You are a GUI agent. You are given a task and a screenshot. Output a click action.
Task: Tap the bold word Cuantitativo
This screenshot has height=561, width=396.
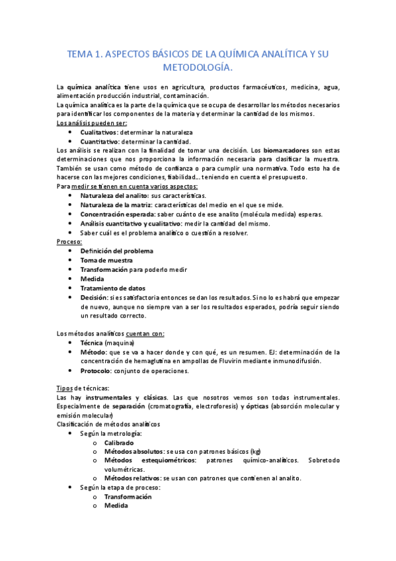pyautogui.click(x=100, y=142)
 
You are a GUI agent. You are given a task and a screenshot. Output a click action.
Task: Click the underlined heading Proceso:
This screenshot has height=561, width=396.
pyautogui.click(x=69, y=242)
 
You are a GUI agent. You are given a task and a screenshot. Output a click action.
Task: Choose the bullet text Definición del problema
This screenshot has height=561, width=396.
pyautogui.click(x=116, y=251)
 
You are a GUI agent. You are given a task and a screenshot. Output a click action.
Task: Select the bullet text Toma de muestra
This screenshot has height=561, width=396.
pyautogui.click(x=102, y=261)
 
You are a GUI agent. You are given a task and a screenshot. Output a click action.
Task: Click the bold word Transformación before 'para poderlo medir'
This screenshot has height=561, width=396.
pyautogui.click(x=104, y=270)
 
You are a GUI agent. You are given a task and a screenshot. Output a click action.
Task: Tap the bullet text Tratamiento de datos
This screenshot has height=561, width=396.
pyautogui.click(x=112, y=288)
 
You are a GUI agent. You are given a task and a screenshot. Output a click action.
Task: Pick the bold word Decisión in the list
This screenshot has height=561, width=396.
pyautogui.click(x=95, y=298)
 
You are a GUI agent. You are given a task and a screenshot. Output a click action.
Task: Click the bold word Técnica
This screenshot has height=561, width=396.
pyautogui.click(x=92, y=343)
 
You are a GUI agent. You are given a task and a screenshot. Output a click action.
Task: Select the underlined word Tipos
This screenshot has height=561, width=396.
pyautogui.click(x=65, y=388)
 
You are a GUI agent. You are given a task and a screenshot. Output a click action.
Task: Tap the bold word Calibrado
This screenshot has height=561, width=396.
pyautogui.click(x=119, y=443)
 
